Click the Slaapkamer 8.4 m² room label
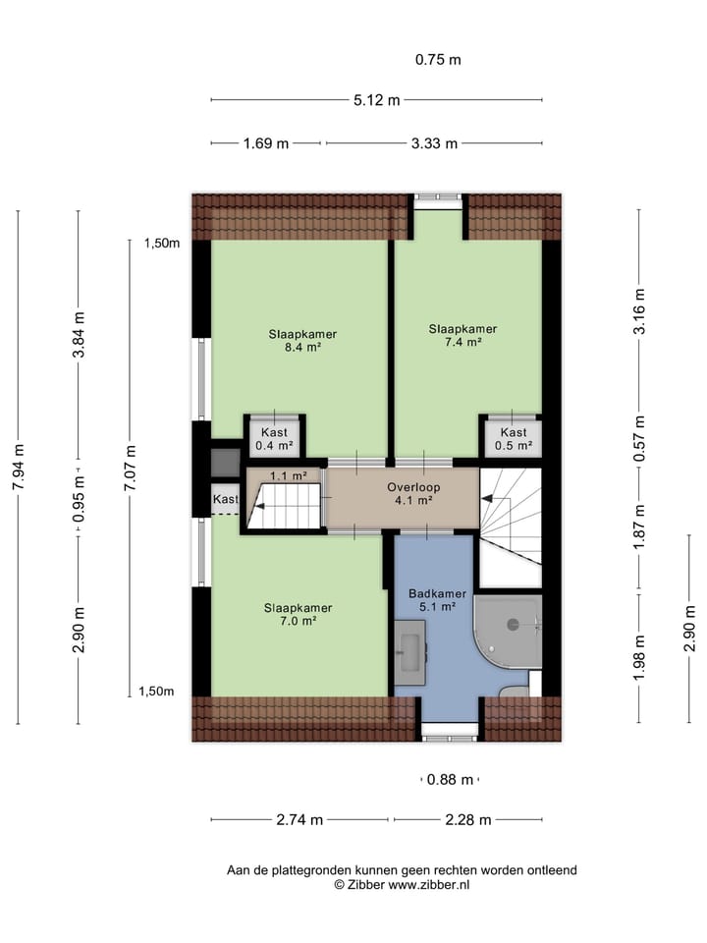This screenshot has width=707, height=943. pos(297,340)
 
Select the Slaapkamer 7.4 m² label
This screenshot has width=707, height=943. pos(462,335)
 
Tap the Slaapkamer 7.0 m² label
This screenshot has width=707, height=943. pos(297,614)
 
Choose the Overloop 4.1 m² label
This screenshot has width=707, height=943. pos(413,493)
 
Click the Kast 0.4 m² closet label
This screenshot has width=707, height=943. pos(274,439)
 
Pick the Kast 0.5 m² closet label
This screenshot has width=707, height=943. pos(513,439)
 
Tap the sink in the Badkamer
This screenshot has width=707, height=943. pos(410,651)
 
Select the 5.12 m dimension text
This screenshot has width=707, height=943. pos(376,99)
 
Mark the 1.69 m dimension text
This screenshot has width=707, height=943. pos(265,143)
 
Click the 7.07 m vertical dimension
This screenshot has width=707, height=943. pos(131,467)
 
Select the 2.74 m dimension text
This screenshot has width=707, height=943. pos(299,820)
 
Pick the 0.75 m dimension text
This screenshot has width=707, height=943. pos(438,59)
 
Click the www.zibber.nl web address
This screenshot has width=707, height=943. pos(429,884)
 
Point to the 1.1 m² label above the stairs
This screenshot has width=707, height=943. pos(289,476)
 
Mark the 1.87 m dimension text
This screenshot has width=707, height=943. pos(639,527)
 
